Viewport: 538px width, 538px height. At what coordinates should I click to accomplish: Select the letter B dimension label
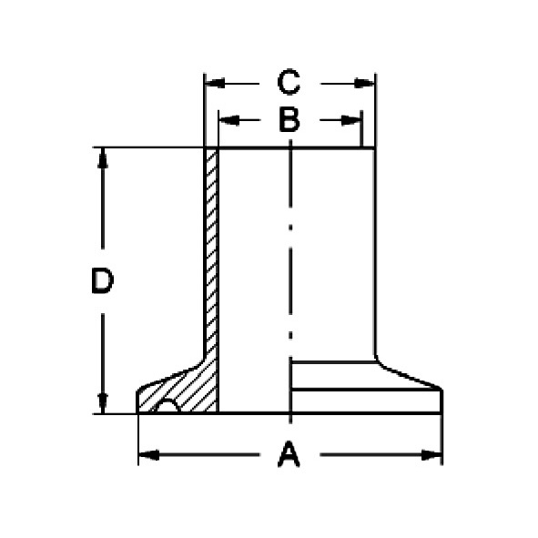coord(289,120)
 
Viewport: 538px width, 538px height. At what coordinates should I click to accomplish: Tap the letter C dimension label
coord(289,84)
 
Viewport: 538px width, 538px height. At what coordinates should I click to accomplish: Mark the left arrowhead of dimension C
coord(213,84)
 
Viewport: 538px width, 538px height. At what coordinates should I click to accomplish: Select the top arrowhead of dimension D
coord(102,157)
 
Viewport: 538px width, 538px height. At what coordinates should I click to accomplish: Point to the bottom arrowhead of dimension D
coord(102,403)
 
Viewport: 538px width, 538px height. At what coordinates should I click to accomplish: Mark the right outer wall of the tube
coord(375,255)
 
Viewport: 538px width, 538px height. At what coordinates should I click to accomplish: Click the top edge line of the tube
coord(291,148)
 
